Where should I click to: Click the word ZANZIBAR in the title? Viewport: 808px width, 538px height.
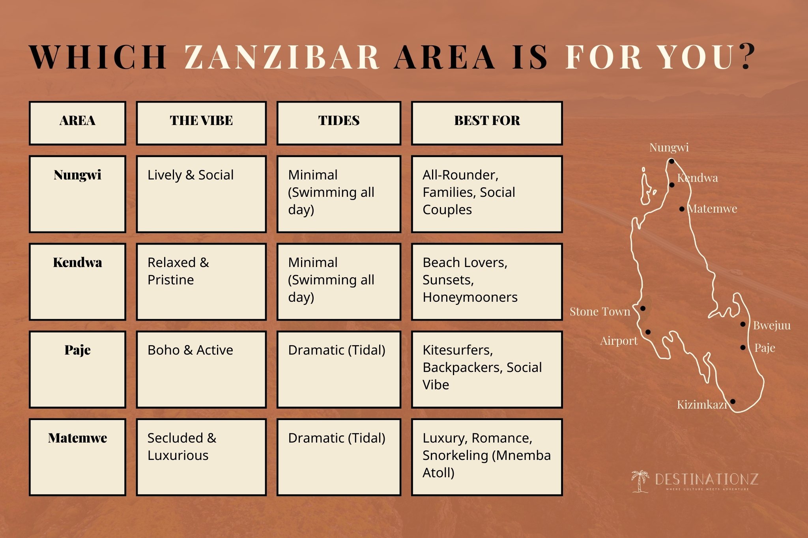click(x=282, y=57)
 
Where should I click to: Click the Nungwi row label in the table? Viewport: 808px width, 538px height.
click(x=77, y=175)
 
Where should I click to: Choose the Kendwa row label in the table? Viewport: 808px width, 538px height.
click(x=77, y=263)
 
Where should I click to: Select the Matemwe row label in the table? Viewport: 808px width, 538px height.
click(x=77, y=438)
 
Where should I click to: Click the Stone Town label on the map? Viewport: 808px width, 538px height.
click(x=600, y=312)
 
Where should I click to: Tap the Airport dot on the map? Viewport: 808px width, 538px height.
click(x=648, y=332)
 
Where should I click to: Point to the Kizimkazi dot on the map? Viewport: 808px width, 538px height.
click(x=733, y=402)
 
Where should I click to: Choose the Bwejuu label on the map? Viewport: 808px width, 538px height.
click(x=771, y=326)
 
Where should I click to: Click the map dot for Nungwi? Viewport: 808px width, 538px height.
click(x=671, y=161)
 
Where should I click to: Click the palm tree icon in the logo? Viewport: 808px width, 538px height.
click(x=640, y=481)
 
